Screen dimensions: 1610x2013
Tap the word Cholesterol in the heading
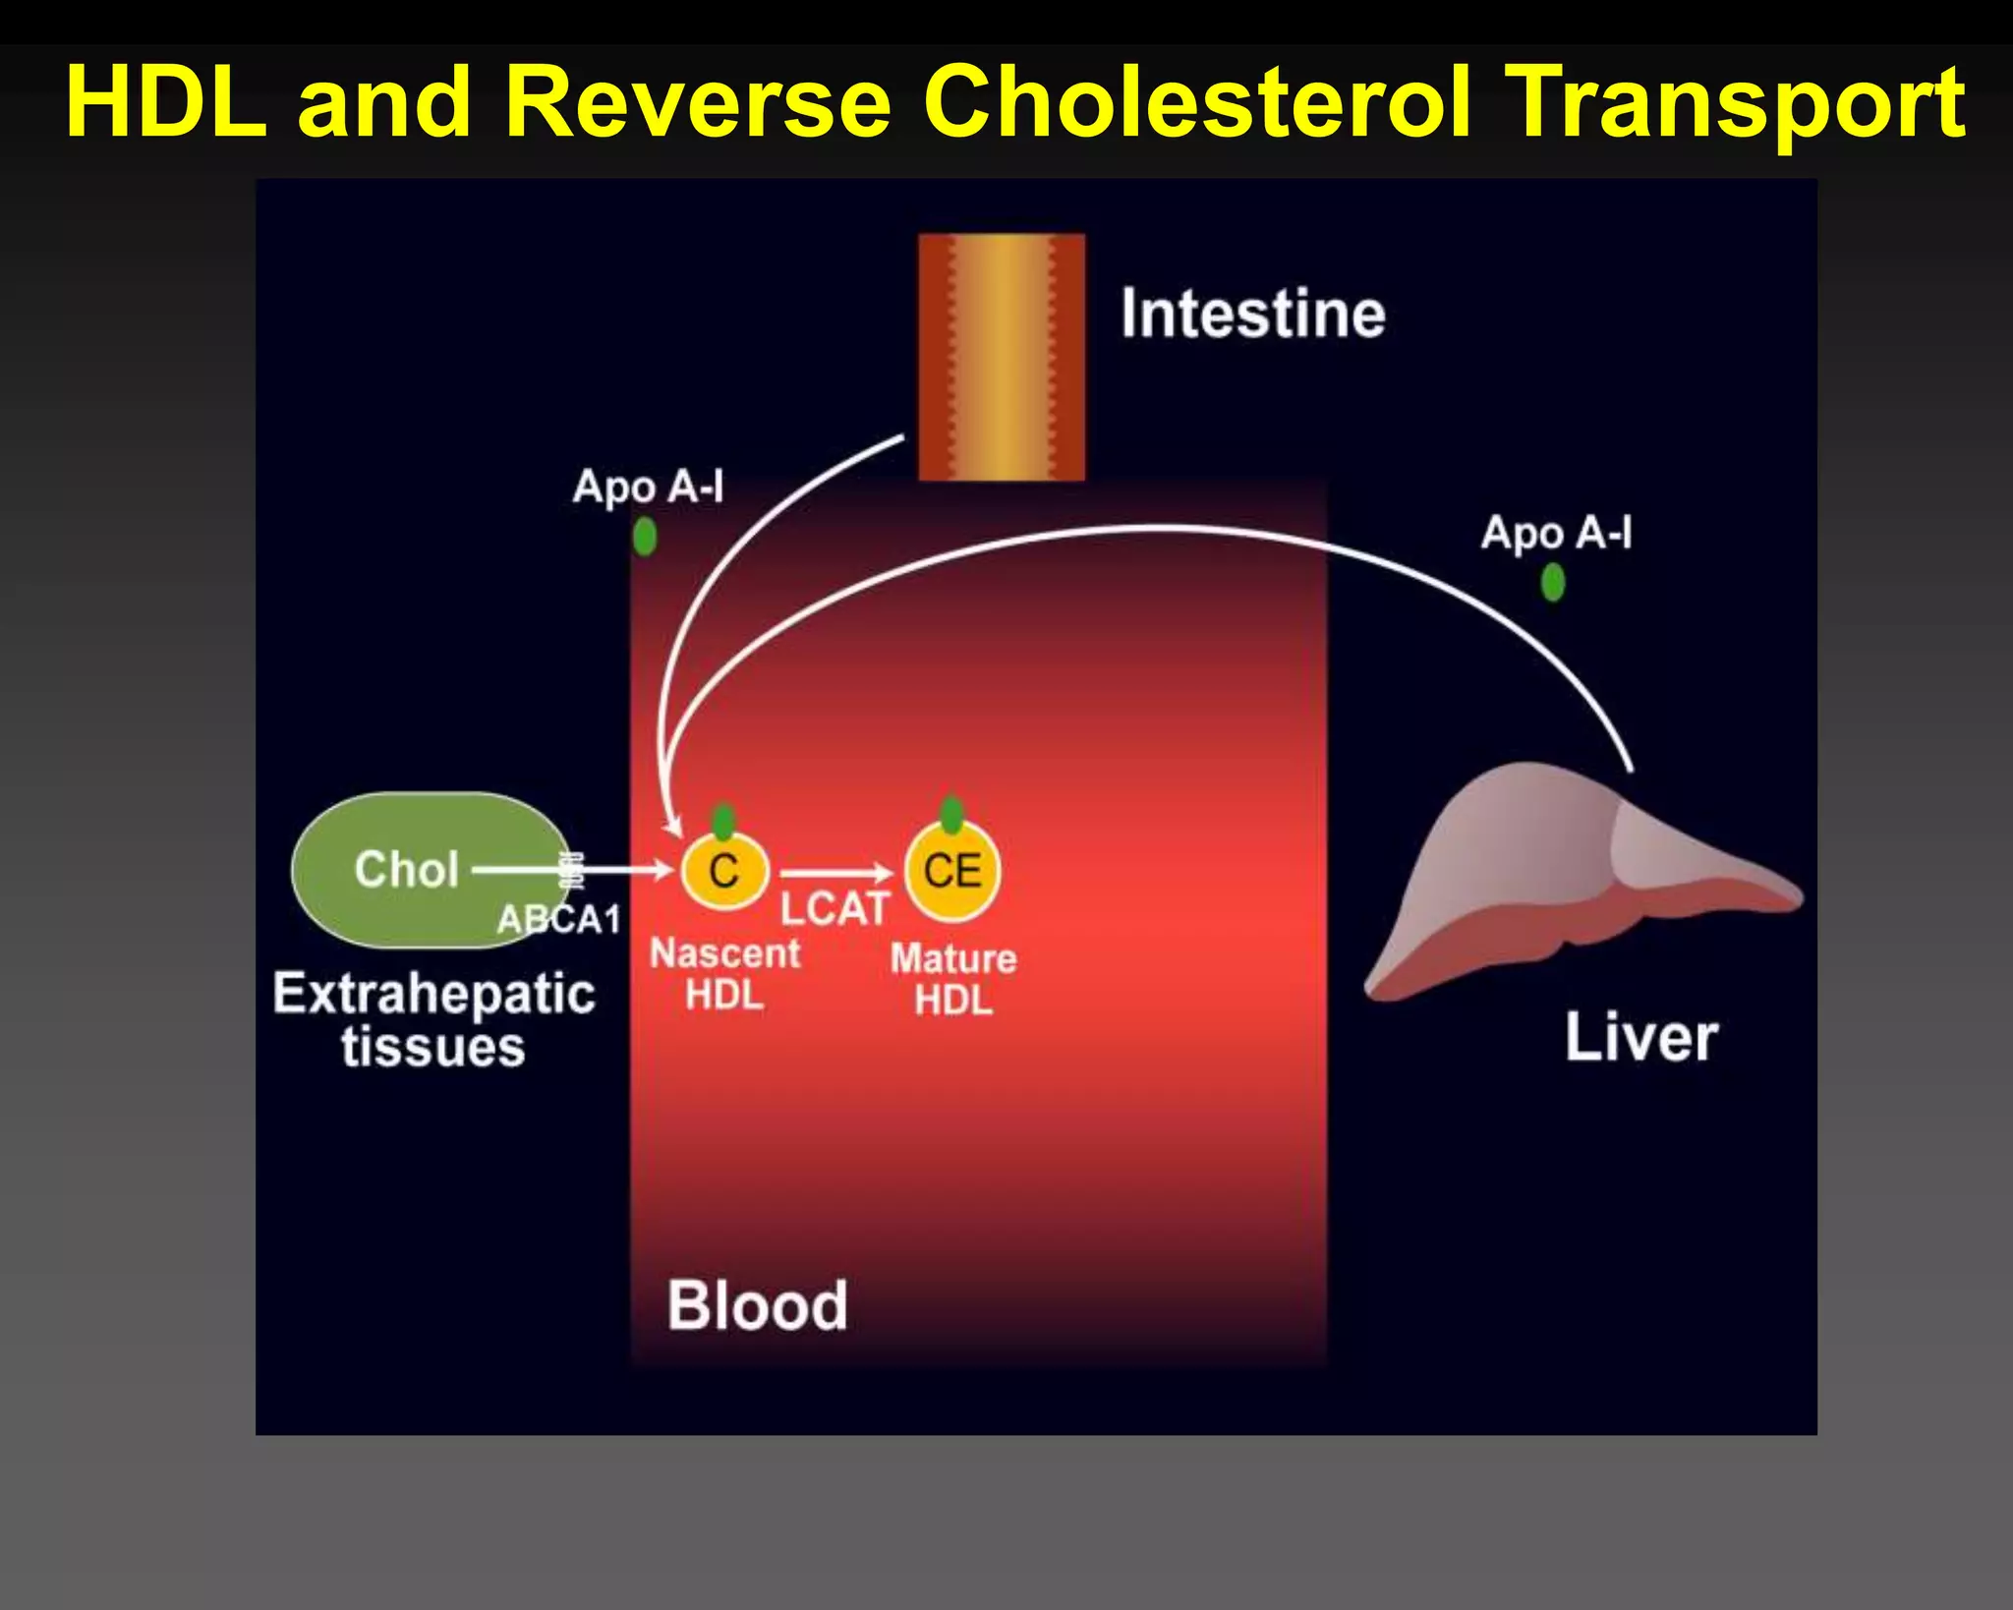pyautogui.click(x=1197, y=101)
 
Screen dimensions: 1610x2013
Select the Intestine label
pyautogui.click(x=1253, y=314)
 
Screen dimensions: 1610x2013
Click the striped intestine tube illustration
pyautogui.click(x=1002, y=357)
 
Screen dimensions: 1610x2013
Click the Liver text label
pyautogui.click(x=1641, y=1038)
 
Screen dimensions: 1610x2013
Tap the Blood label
pyautogui.click(x=757, y=1305)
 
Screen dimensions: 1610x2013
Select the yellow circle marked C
pyautogui.click(x=724, y=872)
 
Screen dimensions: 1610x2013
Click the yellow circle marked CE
pyautogui.click(x=952, y=871)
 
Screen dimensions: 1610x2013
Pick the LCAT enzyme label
pyautogui.click(x=834, y=909)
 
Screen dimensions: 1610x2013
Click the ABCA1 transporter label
pyautogui.click(x=559, y=920)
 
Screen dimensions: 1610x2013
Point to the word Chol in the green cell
pyautogui.click(x=407, y=870)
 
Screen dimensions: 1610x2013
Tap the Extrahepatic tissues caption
pyautogui.click(x=433, y=1019)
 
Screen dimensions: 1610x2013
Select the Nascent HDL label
pyautogui.click(x=725, y=974)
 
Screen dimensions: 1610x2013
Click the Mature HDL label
pyautogui.click(x=953, y=979)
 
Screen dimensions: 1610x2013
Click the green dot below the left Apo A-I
pyautogui.click(x=645, y=537)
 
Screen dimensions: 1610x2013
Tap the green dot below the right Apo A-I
pyautogui.click(x=1553, y=583)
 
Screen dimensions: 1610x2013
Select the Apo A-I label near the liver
pyautogui.click(x=1556, y=534)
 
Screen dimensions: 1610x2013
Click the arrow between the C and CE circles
pyautogui.click(x=835, y=873)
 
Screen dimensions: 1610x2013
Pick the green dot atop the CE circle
pyautogui.click(x=951, y=814)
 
